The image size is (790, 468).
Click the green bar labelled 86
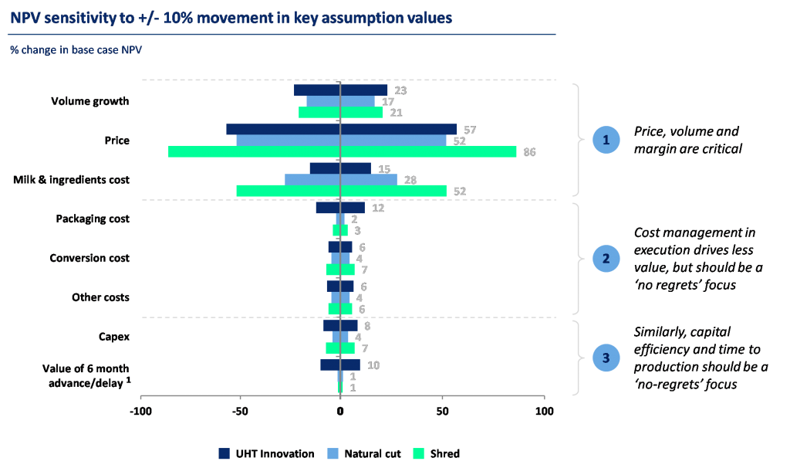pyautogui.click(x=342, y=151)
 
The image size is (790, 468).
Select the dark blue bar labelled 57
pyautogui.click(x=341, y=130)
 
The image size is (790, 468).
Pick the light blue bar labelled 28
pyautogui.click(x=340, y=179)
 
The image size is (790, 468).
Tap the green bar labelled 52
pyautogui.click(x=340, y=191)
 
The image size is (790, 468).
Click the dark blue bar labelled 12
pyautogui.click(x=339, y=208)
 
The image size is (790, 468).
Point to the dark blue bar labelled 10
pyautogui.click(x=339, y=365)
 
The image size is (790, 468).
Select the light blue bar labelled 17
pyautogui.click(x=340, y=101)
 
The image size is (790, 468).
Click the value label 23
pyautogui.click(x=400, y=90)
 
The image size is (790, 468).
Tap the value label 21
pyautogui.click(x=395, y=113)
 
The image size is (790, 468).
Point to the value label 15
pyautogui.click(x=384, y=168)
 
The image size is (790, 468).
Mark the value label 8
pyautogui.click(x=367, y=326)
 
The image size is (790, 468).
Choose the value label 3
pyautogui.click(x=357, y=230)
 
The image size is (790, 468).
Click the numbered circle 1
pyautogui.click(x=606, y=140)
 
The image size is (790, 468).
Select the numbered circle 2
pyautogui.click(x=606, y=258)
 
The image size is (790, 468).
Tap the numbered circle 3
pyautogui.click(x=606, y=358)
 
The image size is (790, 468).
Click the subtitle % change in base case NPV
pyautogui.click(x=76, y=50)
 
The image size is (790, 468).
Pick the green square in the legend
pyautogui.click(x=420, y=453)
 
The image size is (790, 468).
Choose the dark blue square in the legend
pyautogui.click(x=225, y=453)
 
